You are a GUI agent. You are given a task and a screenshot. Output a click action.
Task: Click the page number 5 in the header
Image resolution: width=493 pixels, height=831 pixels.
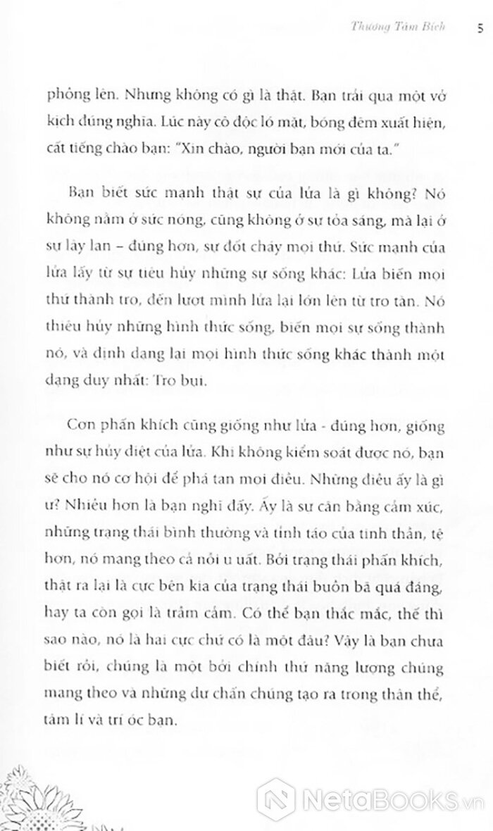(480, 29)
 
